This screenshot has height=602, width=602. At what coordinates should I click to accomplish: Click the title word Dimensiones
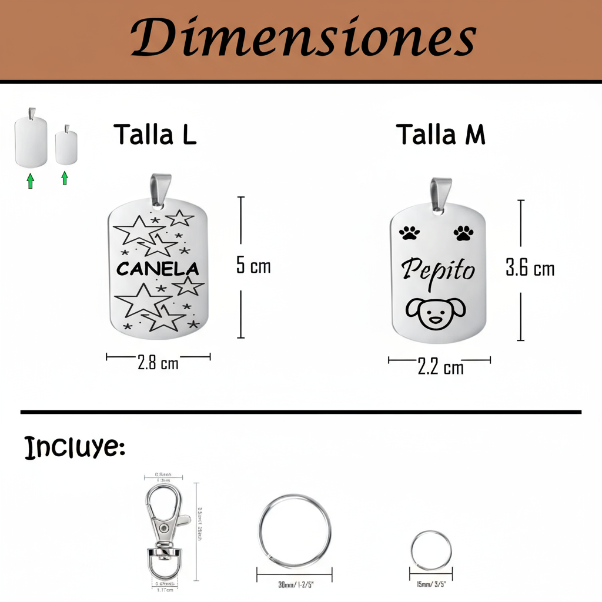click(x=302, y=38)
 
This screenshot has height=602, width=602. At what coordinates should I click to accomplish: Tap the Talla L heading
click(x=155, y=135)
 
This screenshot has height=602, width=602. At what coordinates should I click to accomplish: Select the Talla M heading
click(x=440, y=135)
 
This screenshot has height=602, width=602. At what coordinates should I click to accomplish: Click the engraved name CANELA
click(x=158, y=269)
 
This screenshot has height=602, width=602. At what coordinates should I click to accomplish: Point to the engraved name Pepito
click(x=438, y=272)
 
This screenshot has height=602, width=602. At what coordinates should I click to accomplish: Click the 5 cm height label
click(x=253, y=266)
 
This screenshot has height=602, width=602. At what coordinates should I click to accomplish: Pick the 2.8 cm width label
click(x=158, y=363)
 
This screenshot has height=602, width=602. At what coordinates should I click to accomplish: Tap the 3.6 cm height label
click(x=530, y=269)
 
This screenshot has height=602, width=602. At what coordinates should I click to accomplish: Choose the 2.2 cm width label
click(x=440, y=367)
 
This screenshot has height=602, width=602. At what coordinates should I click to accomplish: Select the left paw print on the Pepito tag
click(x=410, y=233)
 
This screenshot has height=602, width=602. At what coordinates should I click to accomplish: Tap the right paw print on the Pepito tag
click(x=463, y=233)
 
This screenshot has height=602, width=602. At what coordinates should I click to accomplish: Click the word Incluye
click(x=75, y=449)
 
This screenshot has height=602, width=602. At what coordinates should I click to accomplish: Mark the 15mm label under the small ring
click(x=431, y=585)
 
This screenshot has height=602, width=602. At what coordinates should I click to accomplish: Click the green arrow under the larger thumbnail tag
click(x=31, y=180)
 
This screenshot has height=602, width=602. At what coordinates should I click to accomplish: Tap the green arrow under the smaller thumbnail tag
click(x=65, y=178)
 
